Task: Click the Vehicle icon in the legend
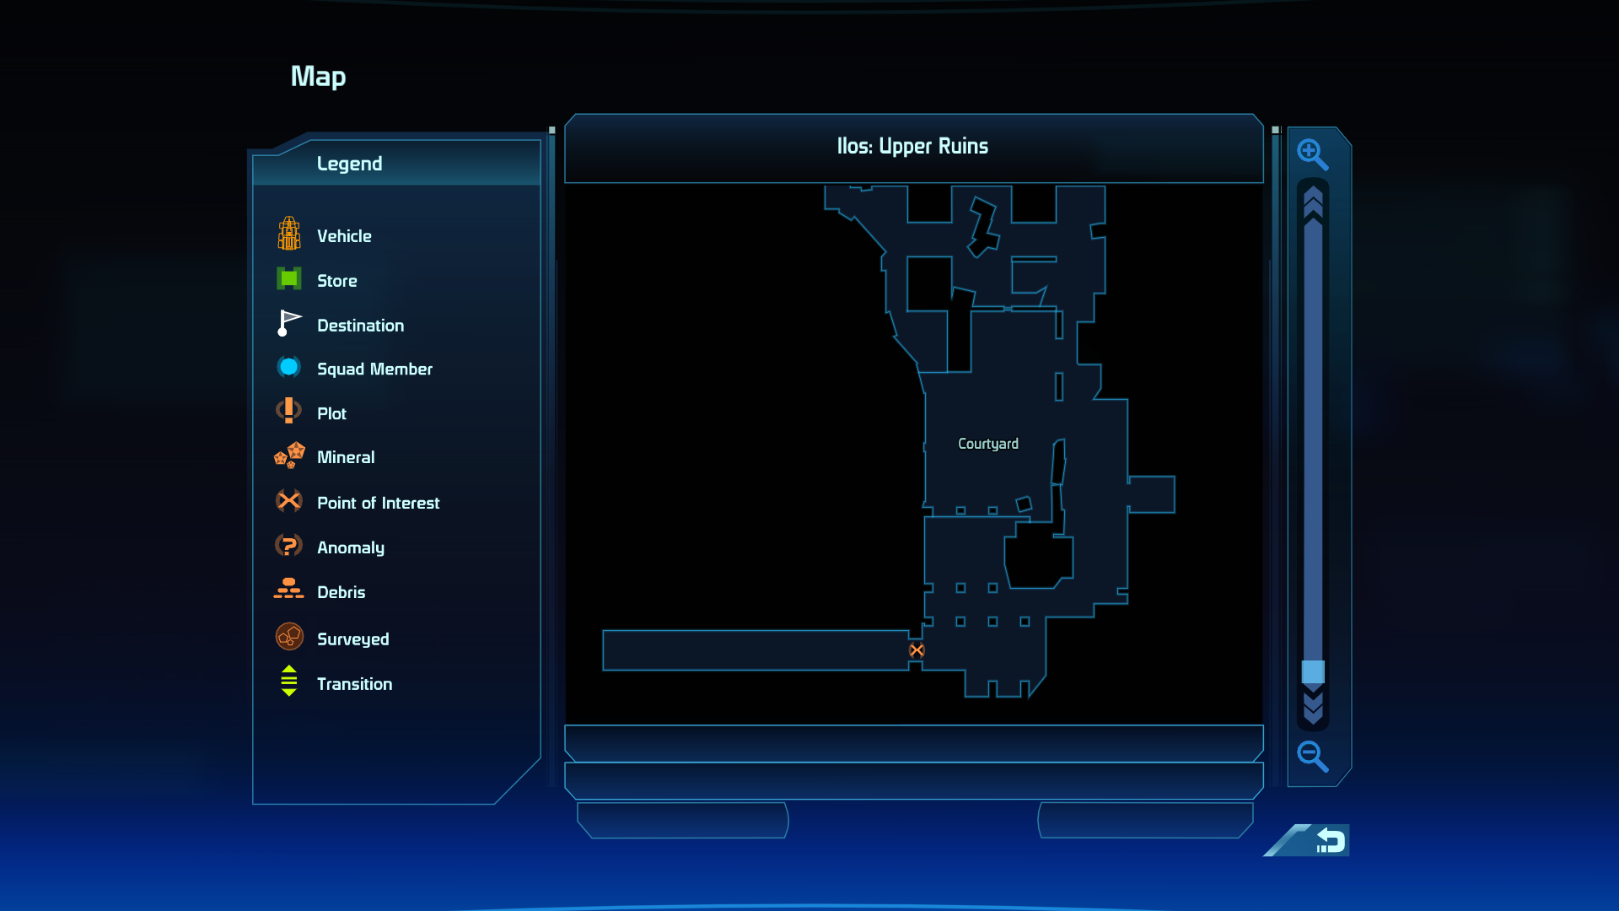point(289,234)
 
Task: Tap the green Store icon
point(289,278)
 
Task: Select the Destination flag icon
point(289,323)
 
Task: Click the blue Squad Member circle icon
point(289,367)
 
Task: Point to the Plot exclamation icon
point(289,411)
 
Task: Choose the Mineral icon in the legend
point(289,455)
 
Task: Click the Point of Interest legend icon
point(289,501)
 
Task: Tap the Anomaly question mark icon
point(289,546)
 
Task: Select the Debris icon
point(289,589)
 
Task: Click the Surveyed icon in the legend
point(289,637)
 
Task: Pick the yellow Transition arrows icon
point(289,681)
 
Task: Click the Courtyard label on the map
point(988,444)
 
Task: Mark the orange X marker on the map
point(917,650)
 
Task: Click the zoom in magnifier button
point(1312,154)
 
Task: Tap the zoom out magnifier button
point(1312,757)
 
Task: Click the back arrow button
point(1329,840)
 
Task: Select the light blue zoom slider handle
point(1313,672)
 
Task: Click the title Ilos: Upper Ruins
point(912,147)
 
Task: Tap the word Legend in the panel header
point(349,164)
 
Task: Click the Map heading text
point(319,77)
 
